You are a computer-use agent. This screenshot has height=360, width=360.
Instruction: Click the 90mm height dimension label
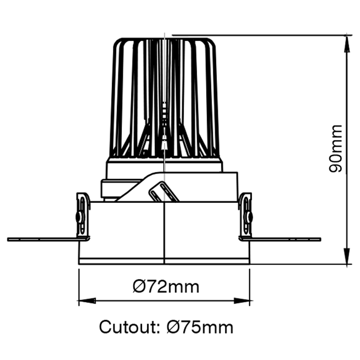coord(336,148)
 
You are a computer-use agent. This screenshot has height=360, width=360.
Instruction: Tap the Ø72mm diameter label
coord(166,287)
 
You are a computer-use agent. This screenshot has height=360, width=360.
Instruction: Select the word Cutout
coord(127,327)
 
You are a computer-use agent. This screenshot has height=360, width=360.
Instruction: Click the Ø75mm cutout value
coord(199,327)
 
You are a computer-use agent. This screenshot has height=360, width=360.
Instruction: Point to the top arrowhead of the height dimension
coord(347,44)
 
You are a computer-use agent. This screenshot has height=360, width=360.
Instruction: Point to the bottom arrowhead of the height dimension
coord(347,256)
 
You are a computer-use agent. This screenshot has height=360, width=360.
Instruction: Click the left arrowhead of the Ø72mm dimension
coord(87,300)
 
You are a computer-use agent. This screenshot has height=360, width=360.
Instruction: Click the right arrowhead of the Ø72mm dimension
coord(242,300)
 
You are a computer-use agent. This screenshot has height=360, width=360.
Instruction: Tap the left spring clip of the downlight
coord(83,216)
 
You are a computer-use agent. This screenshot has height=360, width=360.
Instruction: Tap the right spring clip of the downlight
coord(246,216)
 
